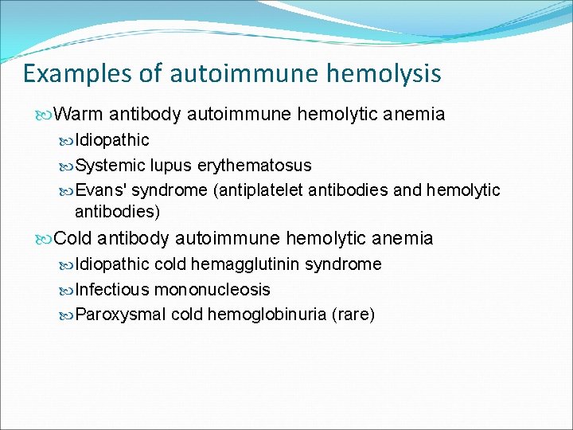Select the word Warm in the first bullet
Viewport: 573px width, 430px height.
(x=80, y=115)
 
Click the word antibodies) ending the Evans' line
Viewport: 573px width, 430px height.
(x=117, y=212)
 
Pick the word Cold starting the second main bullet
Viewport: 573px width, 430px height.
(x=74, y=238)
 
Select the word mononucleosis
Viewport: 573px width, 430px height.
(x=212, y=290)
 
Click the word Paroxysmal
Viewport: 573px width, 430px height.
(x=120, y=315)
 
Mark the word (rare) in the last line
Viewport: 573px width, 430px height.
(x=355, y=315)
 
